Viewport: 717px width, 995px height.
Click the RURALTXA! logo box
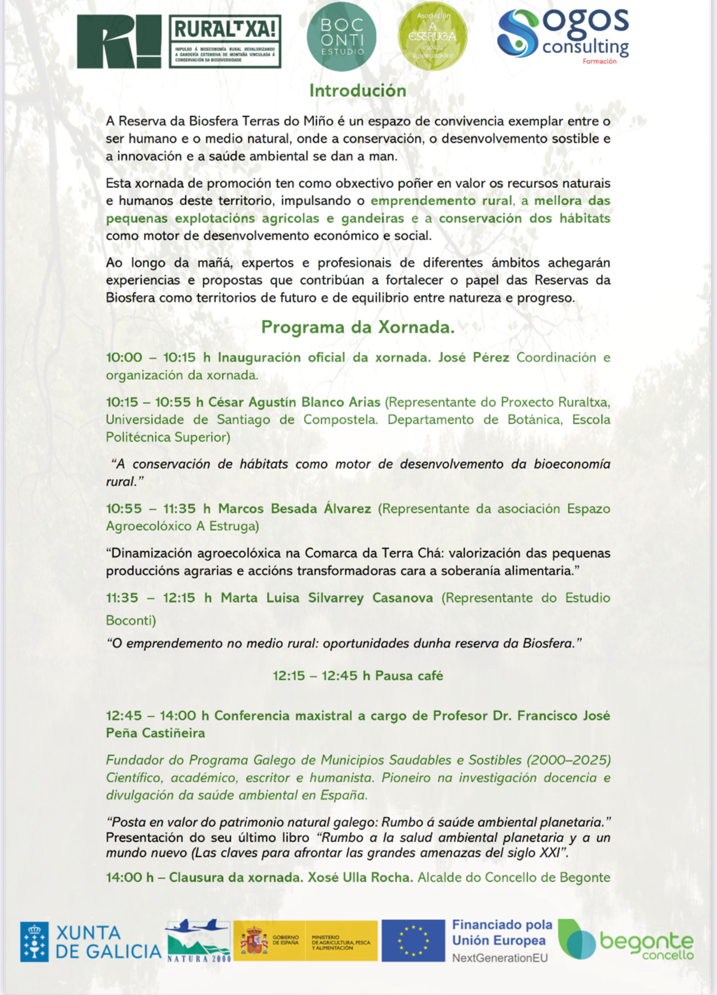pos(224,41)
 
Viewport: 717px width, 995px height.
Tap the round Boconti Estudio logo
pos(342,37)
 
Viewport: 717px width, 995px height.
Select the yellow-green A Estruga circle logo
pos(433,37)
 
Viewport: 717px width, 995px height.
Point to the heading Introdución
pos(358,91)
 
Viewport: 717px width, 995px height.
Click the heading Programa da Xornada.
pos(358,327)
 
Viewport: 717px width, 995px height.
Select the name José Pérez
pos(474,358)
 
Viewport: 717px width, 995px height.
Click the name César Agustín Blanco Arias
pos(294,403)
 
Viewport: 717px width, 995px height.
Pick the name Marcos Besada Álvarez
pos(294,509)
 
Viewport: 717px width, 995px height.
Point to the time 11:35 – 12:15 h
pos(159,598)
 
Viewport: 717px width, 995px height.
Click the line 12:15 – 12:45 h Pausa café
pos(358,676)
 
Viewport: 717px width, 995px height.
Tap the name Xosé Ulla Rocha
pos(360,878)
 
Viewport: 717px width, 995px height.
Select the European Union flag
pos(413,941)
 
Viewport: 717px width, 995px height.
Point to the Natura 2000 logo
pos(198,941)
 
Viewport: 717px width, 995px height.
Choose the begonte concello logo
pos(625,940)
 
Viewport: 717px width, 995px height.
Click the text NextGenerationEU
pos(500,958)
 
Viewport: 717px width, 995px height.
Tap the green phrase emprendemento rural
pos(442,201)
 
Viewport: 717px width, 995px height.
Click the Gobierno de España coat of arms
pos(254,941)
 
